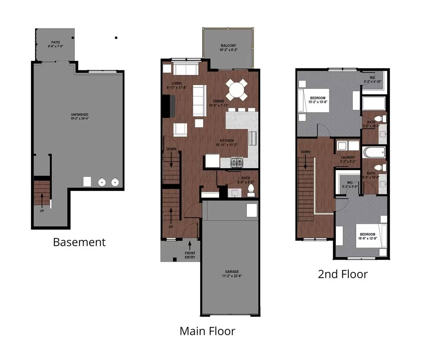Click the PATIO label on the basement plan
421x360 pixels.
pos(55,42)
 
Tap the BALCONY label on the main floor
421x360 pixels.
pos(228,46)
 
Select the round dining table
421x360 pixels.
pos(237,90)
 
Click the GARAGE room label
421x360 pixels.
pos(232,272)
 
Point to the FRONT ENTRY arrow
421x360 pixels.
pos(190,245)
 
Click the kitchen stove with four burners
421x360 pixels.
pos(237,163)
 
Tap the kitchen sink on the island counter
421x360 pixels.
pos(253,138)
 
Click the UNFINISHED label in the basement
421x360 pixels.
pos(79,115)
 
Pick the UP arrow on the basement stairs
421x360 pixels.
pos(42,199)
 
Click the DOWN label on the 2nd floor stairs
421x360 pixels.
pos(305,152)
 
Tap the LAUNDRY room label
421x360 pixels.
pos(348,158)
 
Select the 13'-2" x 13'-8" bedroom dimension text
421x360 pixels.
pos(317,102)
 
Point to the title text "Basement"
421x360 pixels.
pos(79,242)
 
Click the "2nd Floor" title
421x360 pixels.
pos(343,274)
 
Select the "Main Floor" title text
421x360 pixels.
pos(207,331)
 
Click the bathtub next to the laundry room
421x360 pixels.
pos(374,153)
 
